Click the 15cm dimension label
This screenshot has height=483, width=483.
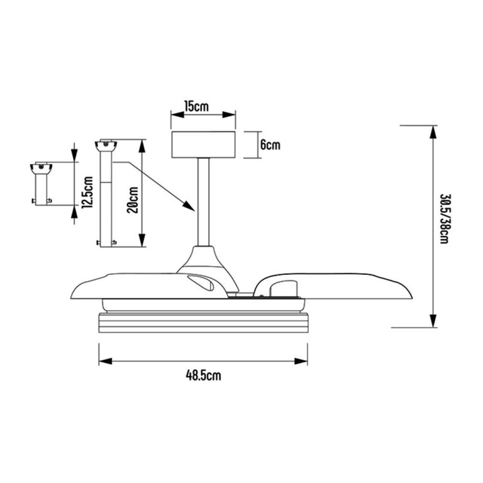pos(196,106)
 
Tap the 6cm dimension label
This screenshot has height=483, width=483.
pos(270,145)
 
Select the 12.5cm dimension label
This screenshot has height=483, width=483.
pos(87,192)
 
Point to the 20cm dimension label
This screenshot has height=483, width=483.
pos(133,200)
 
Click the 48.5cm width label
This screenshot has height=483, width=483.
pos(203,375)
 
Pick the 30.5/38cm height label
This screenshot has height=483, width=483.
pos(444,219)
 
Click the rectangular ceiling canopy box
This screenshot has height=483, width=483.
pos(203,145)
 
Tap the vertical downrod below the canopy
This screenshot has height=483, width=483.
pos(203,202)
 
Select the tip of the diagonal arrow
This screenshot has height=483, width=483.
pos(194,211)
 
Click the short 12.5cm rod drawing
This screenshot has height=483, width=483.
pos(42,184)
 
